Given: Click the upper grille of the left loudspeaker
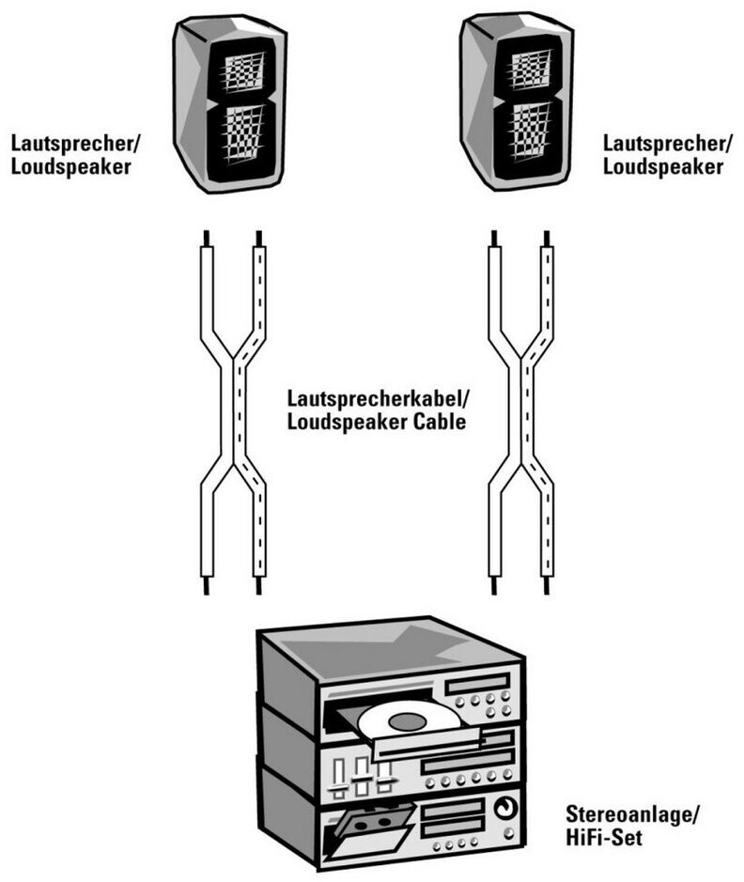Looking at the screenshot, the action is coord(243,72).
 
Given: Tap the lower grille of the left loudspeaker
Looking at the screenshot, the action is coord(243,135).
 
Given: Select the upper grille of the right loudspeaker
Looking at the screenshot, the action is coord(530,70).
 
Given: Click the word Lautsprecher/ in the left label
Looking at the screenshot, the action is coord(75,144).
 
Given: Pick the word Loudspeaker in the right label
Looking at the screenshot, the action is coord(663,167).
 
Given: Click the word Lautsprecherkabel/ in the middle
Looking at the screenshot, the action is coord(378,399).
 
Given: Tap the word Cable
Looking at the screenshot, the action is coord(440,422).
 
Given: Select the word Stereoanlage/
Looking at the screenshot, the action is coord(632,814).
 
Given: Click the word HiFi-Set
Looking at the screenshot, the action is coord(603,838).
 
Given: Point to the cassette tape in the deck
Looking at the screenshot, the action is coord(372,824).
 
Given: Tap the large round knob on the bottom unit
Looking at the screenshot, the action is coord(505,809).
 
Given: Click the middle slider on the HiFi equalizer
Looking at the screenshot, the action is coord(362,775).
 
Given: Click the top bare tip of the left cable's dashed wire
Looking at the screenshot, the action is coord(258,238).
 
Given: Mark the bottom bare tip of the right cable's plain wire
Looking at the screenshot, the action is coord(494,585).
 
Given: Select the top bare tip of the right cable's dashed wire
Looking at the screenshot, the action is coord(547,238).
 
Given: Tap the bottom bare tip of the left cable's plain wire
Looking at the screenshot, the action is coord(207,585).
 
